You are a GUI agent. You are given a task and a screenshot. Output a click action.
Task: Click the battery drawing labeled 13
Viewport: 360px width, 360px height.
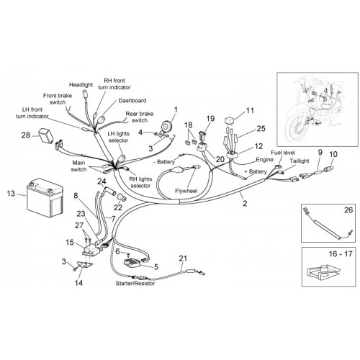(45, 197)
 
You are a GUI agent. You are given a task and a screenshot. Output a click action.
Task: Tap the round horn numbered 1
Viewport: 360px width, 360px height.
(166, 126)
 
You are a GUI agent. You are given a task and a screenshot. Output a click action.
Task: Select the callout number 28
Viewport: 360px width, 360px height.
(26, 135)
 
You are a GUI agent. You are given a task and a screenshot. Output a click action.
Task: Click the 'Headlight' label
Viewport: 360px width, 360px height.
(81, 85)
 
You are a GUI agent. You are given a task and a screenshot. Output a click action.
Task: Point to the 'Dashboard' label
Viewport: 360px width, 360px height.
(132, 100)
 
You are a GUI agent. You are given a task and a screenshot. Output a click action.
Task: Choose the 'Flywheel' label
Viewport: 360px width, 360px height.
(186, 191)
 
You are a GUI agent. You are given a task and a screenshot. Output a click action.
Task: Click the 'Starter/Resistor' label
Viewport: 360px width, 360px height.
(135, 283)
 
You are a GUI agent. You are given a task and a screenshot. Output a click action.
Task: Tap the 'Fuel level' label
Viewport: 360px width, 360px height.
(283, 153)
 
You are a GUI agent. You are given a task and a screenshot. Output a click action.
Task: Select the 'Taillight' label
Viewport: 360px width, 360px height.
(299, 161)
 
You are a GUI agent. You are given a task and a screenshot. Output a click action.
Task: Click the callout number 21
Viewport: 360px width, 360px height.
(183, 258)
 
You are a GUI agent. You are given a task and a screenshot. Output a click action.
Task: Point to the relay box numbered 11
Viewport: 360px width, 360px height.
(230, 120)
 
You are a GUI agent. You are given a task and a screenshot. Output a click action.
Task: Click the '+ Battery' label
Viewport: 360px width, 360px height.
(256, 171)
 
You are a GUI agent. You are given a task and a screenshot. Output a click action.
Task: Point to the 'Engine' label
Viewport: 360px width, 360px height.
(264, 160)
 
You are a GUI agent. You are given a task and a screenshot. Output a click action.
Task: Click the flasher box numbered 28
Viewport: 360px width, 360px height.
(45, 135)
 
